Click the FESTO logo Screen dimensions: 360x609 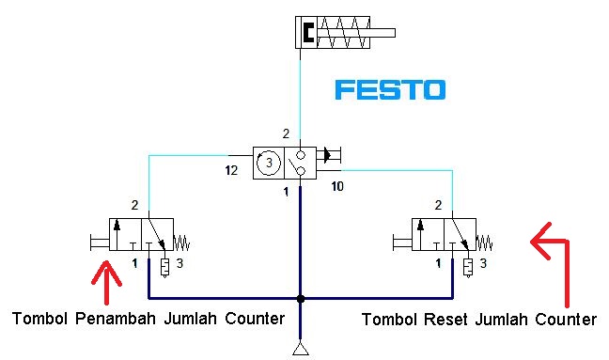[x=390, y=90]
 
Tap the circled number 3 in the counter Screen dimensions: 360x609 [x=268, y=162]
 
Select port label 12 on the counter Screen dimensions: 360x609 [x=230, y=171]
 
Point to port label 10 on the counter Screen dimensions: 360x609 [x=337, y=187]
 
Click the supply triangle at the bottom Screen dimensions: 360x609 [x=300, y=351]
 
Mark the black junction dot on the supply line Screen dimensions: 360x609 [x=300, y=299]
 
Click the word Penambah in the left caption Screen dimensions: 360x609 [x=117, y=319]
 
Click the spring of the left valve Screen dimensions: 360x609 [x=181, y=243]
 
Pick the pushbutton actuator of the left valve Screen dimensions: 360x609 [x=97, y=243]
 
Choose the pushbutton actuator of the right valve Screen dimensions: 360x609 [x=400, y=243]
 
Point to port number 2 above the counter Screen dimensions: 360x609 [x=286, y=134]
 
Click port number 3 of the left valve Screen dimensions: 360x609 [x=180, y=265]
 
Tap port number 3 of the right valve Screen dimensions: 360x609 [x=483, y=265]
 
